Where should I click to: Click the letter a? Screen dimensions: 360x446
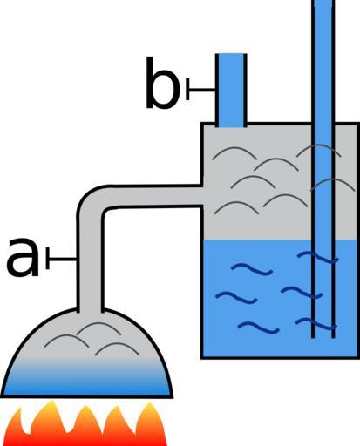pos(23,257)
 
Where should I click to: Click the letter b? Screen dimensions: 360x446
pos(162,83)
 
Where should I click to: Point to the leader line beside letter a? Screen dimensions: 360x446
pos(61,258)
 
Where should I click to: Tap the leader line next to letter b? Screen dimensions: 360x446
pos(200,89)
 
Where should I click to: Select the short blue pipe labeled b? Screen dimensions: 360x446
pos(231,91)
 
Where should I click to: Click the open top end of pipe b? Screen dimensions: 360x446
pos(231,54)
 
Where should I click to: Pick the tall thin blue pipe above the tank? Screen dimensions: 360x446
pos(323,168)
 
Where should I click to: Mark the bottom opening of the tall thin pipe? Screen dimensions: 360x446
pos(323,337)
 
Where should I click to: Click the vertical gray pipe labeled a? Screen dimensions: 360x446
pos(90,261)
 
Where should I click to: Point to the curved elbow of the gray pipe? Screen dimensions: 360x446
pos(91,200)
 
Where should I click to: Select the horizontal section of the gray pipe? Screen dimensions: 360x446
pos(154,195)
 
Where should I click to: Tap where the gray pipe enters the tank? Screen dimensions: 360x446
pos(202,195)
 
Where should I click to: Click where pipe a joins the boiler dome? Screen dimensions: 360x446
pos(90,310)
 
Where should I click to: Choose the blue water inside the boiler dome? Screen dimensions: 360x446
pos(86,381)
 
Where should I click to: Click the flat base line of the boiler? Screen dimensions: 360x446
pos(86,396)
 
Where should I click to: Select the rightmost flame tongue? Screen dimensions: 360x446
pos(151,424)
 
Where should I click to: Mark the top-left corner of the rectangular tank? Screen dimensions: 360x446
pos(202,124)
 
